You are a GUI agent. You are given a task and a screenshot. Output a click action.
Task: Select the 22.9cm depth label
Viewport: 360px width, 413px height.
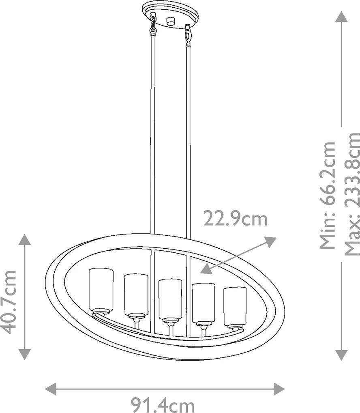click(x=235, y=219)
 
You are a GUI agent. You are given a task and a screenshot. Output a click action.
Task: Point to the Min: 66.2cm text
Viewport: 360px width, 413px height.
click(x=328, y=195)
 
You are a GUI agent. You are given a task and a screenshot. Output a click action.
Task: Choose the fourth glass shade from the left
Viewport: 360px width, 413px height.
click(x=204, y=304)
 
